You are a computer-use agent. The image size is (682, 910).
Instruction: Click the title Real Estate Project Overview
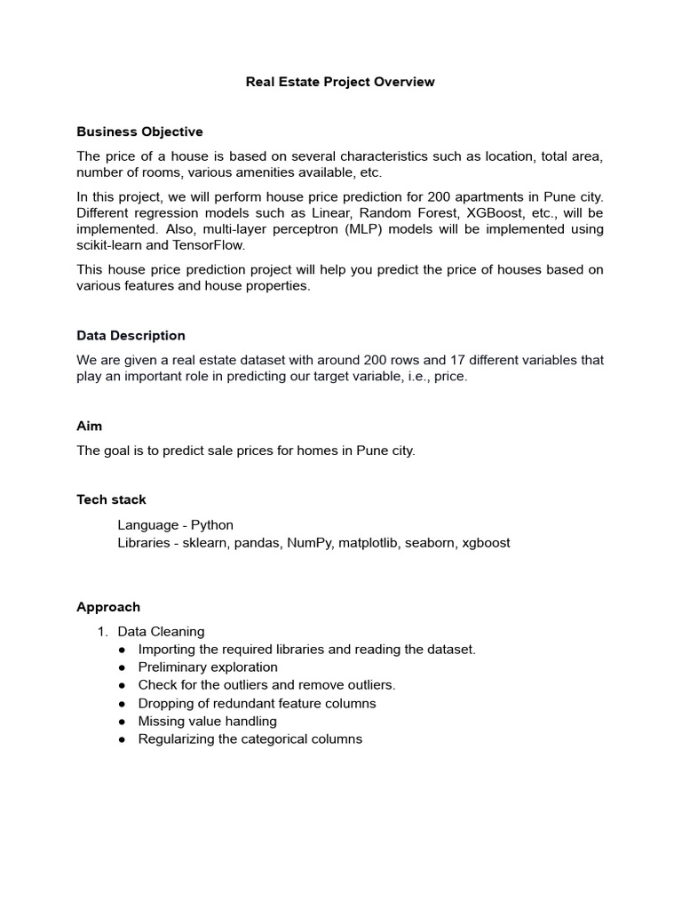tap(340, 82)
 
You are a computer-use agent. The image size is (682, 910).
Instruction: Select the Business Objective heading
tap(139, 132)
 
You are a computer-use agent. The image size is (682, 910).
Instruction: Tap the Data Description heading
tap(131, 335)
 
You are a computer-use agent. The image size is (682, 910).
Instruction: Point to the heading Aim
tap(89, 426)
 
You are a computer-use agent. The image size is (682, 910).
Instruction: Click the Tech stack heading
tap(111, 499)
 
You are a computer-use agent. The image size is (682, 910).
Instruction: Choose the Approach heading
tap(108, 607)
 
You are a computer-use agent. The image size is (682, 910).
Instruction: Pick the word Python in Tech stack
tap(212, 524)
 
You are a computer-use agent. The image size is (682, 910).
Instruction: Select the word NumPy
tap(308, 542)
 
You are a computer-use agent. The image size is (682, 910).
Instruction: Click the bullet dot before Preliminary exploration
tap(122, 667)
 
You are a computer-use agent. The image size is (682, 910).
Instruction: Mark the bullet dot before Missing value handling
tap(122, 722)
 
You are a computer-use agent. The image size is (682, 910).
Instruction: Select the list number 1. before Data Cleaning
tap(102, 632)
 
